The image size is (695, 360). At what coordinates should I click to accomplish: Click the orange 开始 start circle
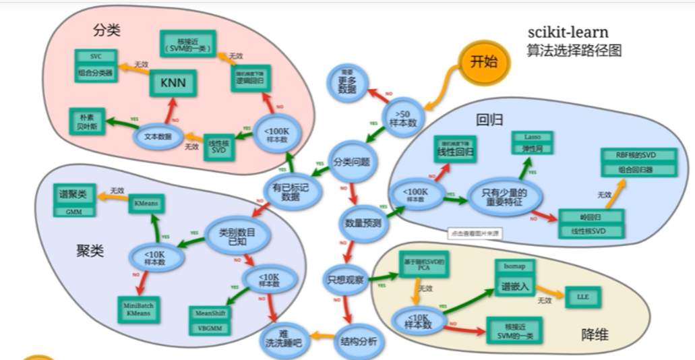click(483, 62)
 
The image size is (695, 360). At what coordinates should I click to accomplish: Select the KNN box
click(173, 82)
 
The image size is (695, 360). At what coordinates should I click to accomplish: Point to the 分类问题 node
click(352, 162)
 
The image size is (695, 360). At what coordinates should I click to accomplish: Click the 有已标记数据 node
click(290, 187)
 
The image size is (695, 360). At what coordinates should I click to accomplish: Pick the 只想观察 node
click(346, 277)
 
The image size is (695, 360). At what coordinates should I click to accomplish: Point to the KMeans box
click(147, 203)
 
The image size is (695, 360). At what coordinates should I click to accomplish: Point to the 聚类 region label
click(90, 251)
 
